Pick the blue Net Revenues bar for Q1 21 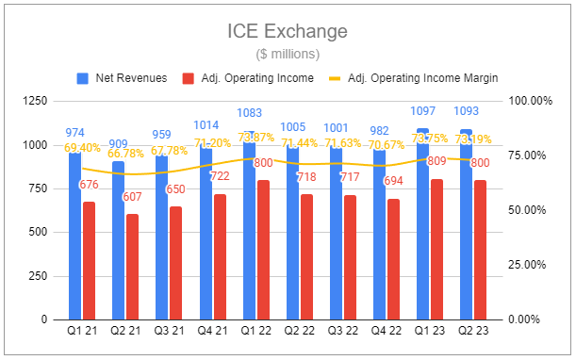pos(74,236)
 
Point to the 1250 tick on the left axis pos(35,101)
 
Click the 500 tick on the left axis pos(39,232)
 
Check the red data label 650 pos(175,188)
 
